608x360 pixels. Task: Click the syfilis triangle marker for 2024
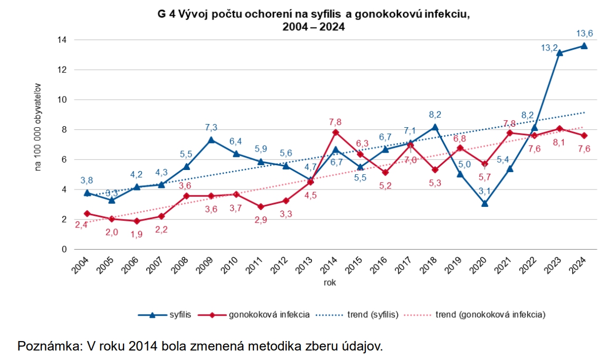coord(584,46)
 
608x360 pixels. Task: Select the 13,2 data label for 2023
coord(550,48)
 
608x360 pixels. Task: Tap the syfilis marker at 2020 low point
coord(484,203)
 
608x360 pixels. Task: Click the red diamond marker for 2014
coord(336,132)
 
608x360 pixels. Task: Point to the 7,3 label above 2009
coord(211,127)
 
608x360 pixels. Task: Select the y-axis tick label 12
coord(62,70)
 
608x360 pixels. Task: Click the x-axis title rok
coord(330,282)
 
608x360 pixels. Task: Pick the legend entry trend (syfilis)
coord(372,315)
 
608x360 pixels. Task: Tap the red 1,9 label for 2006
coord(137,234)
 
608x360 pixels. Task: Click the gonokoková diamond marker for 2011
coord(261,206)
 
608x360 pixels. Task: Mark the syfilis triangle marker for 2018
coord(435,127)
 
